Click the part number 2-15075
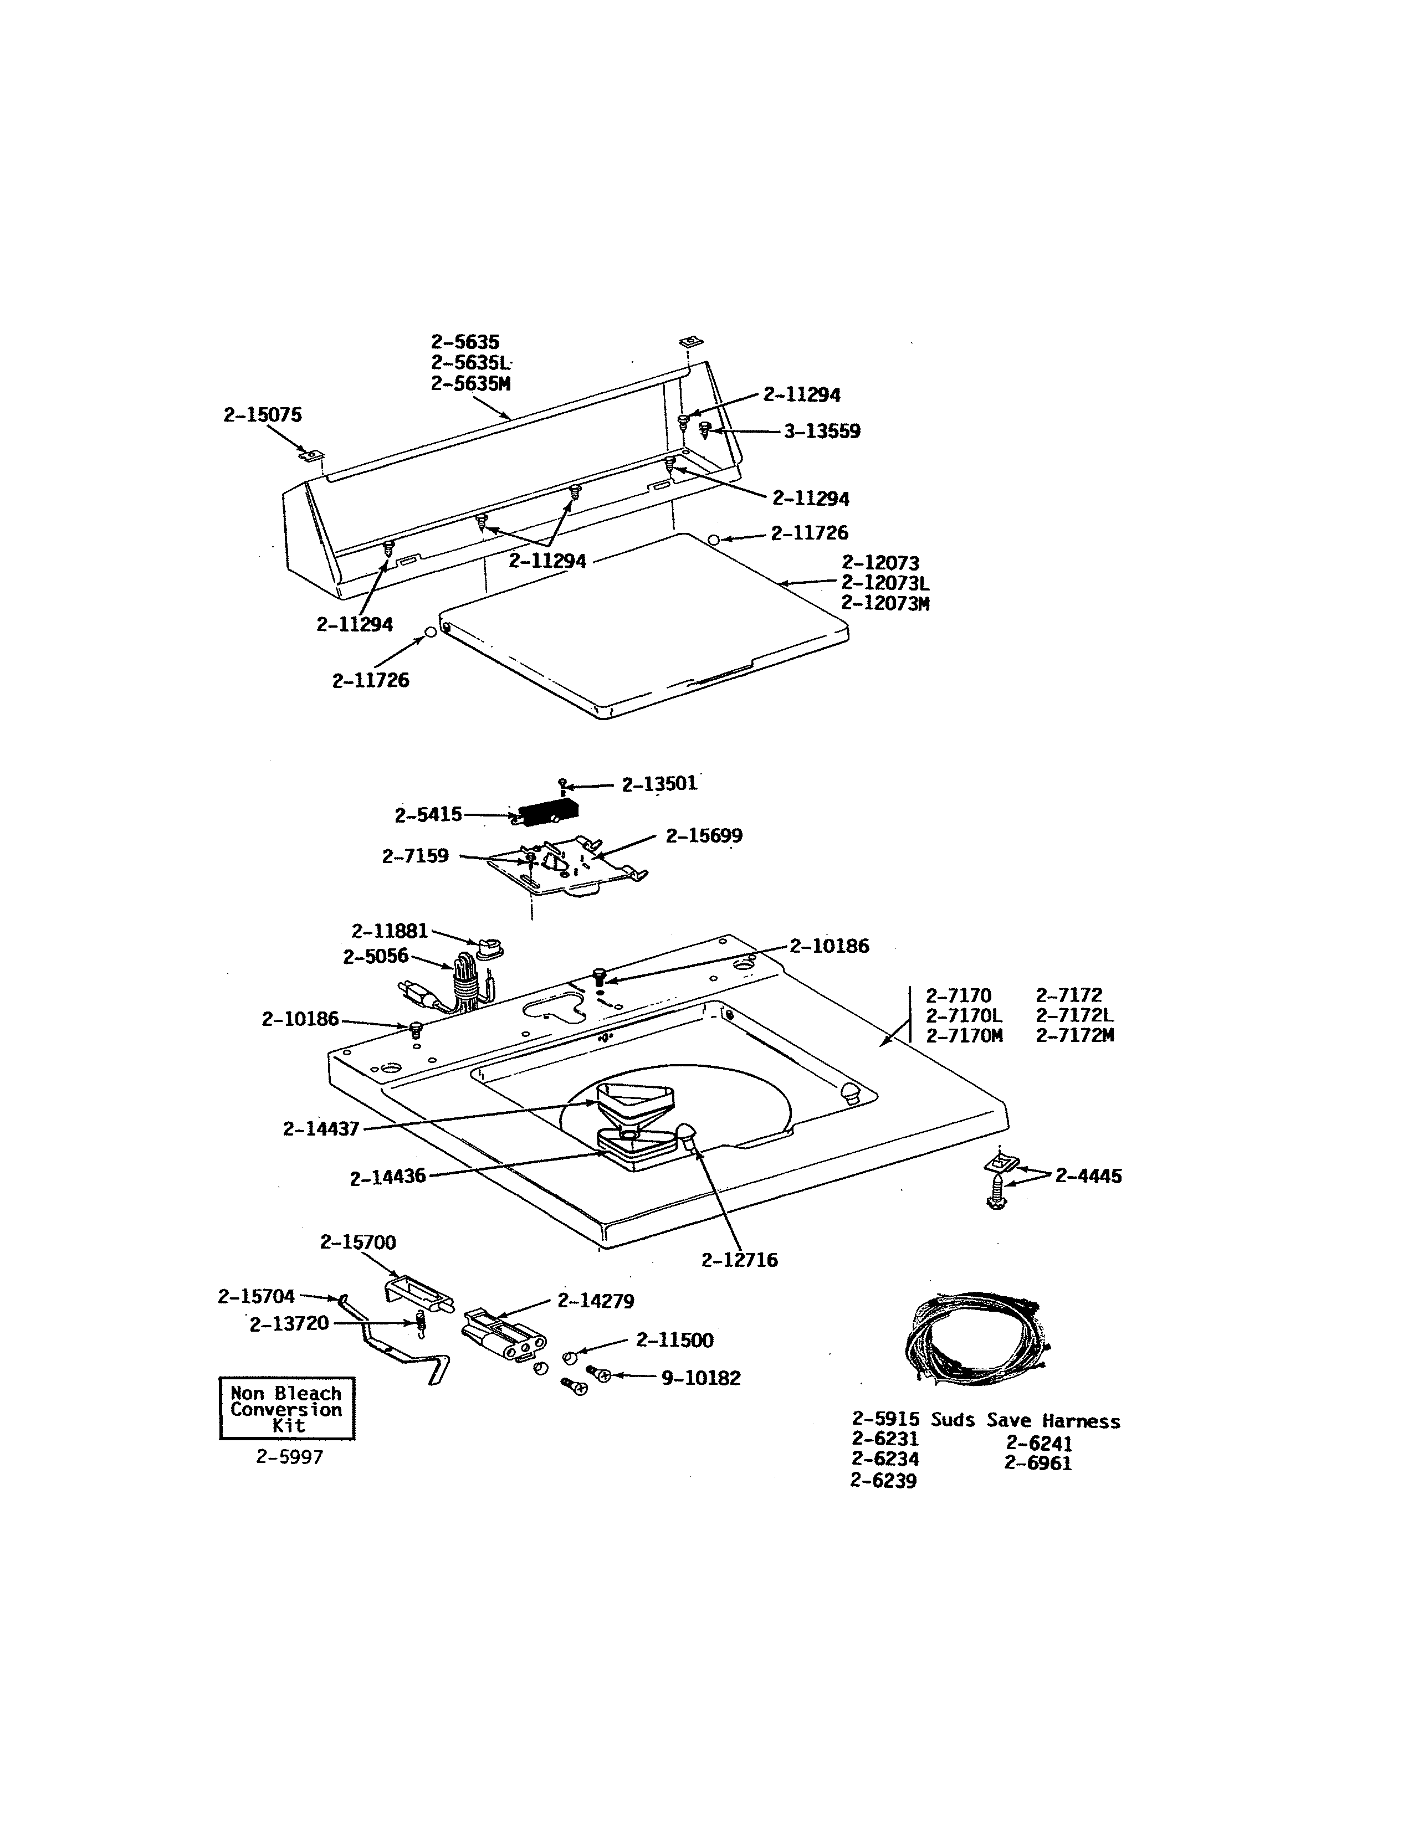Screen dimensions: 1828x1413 [x=262, y=415]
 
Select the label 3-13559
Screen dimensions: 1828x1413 [x=821, y=432]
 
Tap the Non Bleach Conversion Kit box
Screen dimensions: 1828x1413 [x=286, y=1409]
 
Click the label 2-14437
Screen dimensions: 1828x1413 [x=321, y=1129]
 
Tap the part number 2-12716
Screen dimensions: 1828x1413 [x=739, y=1260]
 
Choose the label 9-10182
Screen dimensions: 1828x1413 [x=700, y=1378]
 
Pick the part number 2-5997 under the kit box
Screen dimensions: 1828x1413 [x=289, y=1457]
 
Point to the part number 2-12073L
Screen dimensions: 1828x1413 [x=885, y=583]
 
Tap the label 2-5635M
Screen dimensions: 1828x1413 [x=470, y=384]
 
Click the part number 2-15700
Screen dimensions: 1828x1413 [x=357, y=1242]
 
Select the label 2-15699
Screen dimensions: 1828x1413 [x=703, y=836]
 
